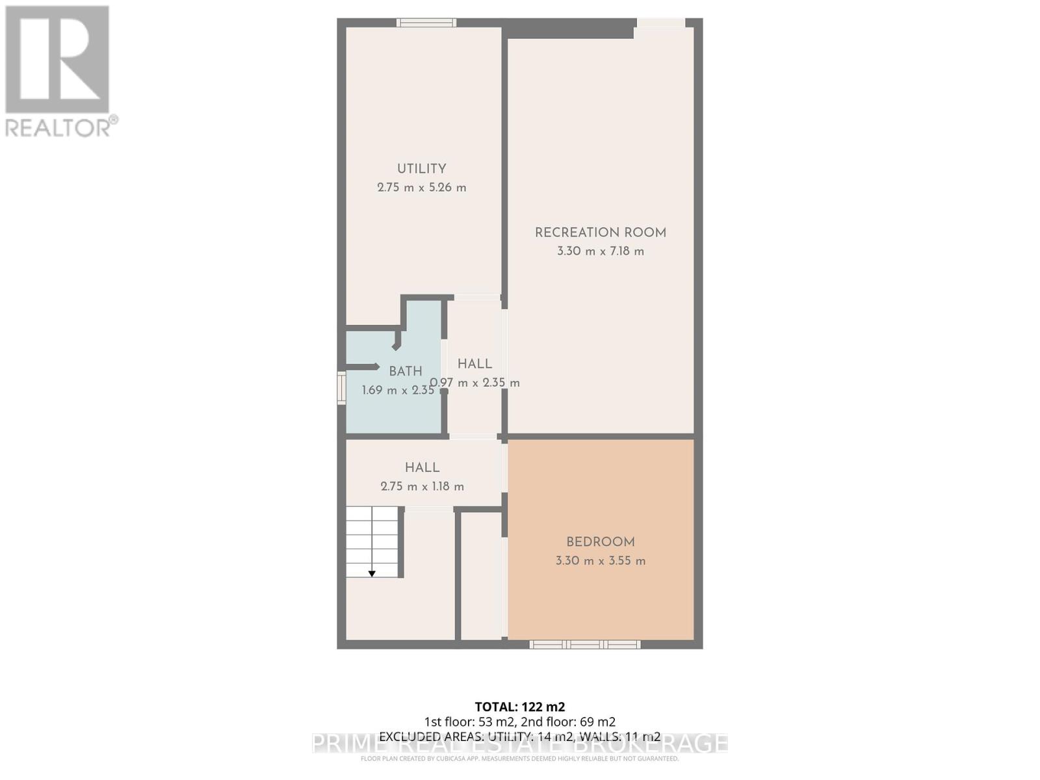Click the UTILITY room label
pos(421,168)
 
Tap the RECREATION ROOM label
pos(600,233)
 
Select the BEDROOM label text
pos(600,542)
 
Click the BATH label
pos(406,371)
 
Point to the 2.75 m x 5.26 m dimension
pos(421,188)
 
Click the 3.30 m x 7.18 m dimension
pos(600,252)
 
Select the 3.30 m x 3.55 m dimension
pos(600,561)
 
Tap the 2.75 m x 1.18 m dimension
pos(422,486)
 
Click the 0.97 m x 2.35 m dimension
pos(475,383)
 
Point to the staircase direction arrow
pos(372,573)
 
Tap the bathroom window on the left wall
pos(341,388)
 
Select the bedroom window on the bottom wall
pos(584,644)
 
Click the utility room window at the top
pos(426,23)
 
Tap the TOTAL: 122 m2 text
pos(519,707)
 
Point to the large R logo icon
pos(57,59)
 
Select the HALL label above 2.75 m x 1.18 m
pos(422,467)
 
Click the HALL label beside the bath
pos(474,364)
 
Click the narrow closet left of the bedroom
pos(481,575)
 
